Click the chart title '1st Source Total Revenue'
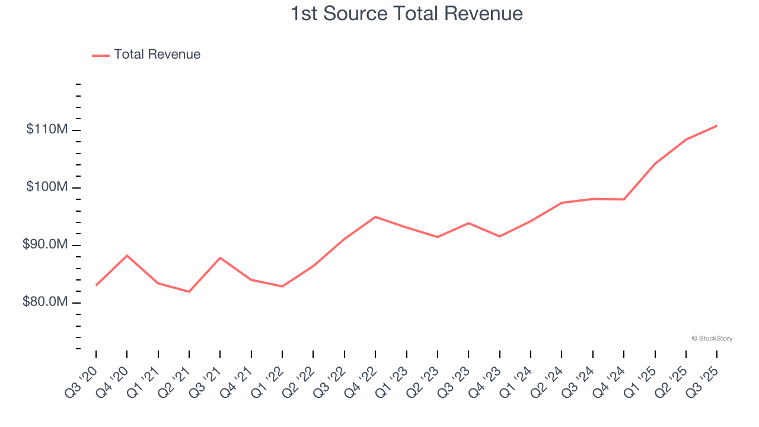406,14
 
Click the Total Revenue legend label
157,55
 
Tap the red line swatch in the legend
101,55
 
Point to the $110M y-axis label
46,129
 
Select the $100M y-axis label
46,187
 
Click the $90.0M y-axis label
45,244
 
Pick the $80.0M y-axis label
45,302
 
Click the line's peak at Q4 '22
375,216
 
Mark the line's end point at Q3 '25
717,126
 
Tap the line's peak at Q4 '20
127,255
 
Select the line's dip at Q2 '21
189,292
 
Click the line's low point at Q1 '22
282,286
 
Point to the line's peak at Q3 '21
220,257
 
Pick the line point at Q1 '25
655,164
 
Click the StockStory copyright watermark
712,339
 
